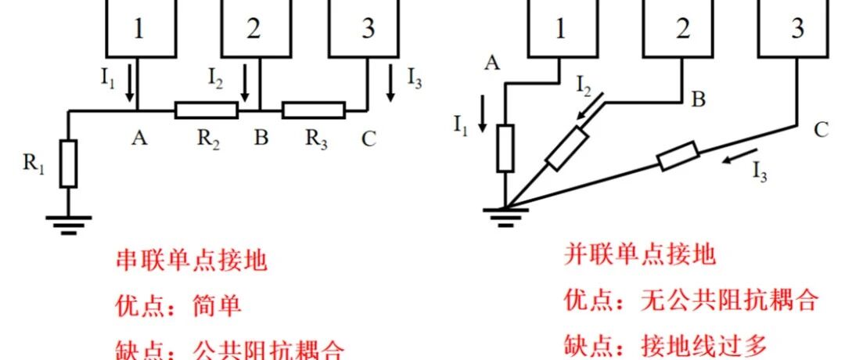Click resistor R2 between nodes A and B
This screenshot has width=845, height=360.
pyautogui.click(x=206, y=110)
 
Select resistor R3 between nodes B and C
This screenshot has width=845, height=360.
pyautogui.click(x=313, y=110)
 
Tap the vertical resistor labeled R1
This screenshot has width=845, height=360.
pyautogui.click(x=69, y=164)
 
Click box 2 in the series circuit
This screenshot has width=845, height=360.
pyautogui.click(x=253, y=29)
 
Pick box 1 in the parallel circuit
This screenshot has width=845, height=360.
pyautogui.click(x=560, y=29)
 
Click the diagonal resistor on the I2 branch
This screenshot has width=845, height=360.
pyautogui.click(x=567, y=149)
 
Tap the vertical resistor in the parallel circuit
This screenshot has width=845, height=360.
pyautogui.click(x=506, y=148)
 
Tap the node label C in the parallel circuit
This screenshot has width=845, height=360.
pyautogui.click(x=821, y=131)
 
